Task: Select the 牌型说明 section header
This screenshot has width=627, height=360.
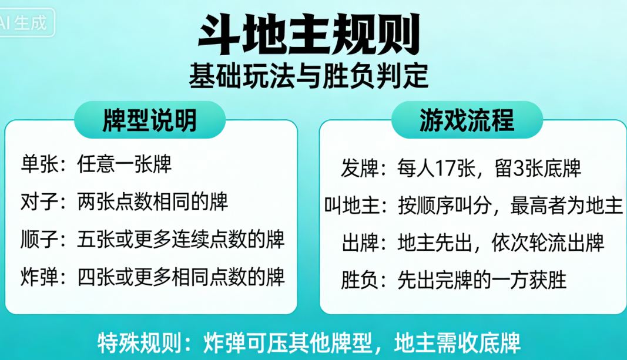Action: [x=149, y=120]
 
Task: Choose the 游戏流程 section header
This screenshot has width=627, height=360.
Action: [x=467, y=120]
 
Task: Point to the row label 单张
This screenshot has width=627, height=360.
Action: [x=39, y=164]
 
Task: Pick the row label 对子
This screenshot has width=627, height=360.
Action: [x=39, y=202]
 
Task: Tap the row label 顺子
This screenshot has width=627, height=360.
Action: [x=39, y=239]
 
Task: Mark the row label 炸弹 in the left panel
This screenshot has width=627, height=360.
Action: [x=39, y=277]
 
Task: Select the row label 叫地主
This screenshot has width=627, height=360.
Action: [x=351, y=206]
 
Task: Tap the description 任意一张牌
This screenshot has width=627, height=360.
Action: [x=124, y=164]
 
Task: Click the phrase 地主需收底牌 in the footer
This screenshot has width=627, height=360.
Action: [x=458, y=342]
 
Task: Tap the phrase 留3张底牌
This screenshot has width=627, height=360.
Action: [x=535, y=169]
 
